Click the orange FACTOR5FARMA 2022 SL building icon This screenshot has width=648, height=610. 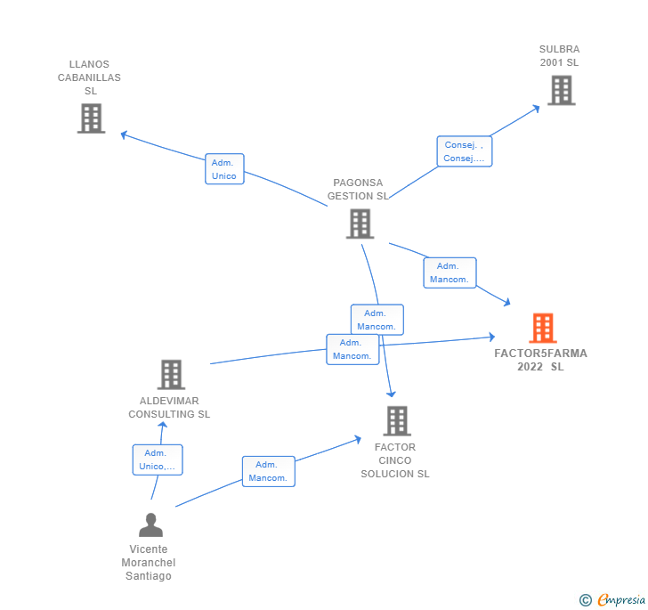542,328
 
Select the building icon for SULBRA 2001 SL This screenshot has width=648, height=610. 561,90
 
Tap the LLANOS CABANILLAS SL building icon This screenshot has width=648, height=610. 91,118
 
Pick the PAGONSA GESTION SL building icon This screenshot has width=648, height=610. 360,224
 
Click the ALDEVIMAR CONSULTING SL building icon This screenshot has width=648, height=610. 171,375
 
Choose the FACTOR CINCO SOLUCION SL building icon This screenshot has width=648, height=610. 396,421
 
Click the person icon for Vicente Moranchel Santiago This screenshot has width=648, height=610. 150,525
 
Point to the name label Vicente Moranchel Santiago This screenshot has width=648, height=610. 149,563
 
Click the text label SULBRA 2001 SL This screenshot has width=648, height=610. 559,56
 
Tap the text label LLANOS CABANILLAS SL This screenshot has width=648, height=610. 90,77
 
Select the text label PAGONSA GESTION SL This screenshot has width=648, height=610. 358,190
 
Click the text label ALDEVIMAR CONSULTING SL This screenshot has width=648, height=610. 169,408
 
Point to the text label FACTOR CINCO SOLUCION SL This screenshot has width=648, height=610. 395,460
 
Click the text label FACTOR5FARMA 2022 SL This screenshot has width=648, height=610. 541,360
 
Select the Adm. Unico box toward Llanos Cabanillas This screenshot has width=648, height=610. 223,169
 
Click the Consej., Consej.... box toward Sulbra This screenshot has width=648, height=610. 464,151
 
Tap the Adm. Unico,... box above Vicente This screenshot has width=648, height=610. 158,460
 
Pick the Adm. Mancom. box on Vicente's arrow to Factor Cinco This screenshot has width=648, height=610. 268,471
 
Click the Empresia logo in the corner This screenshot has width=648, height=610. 613,600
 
